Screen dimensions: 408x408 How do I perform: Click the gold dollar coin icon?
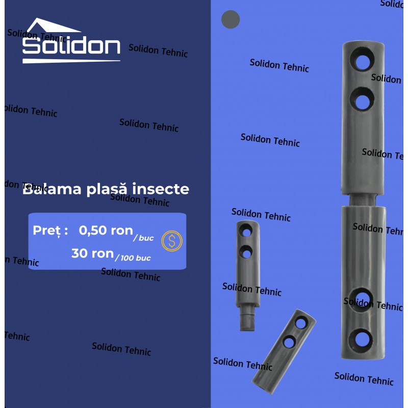click(172, 241)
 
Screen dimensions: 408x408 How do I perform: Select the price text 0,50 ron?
click(106, 231)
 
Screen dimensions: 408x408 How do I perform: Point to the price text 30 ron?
click(92, 253)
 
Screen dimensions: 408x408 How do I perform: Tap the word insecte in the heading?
click(161, 189)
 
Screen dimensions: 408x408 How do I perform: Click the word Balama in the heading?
click(52, 189)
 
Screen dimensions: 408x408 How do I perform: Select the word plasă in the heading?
click(107, 189)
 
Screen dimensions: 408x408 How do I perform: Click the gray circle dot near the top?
click(231, 19)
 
